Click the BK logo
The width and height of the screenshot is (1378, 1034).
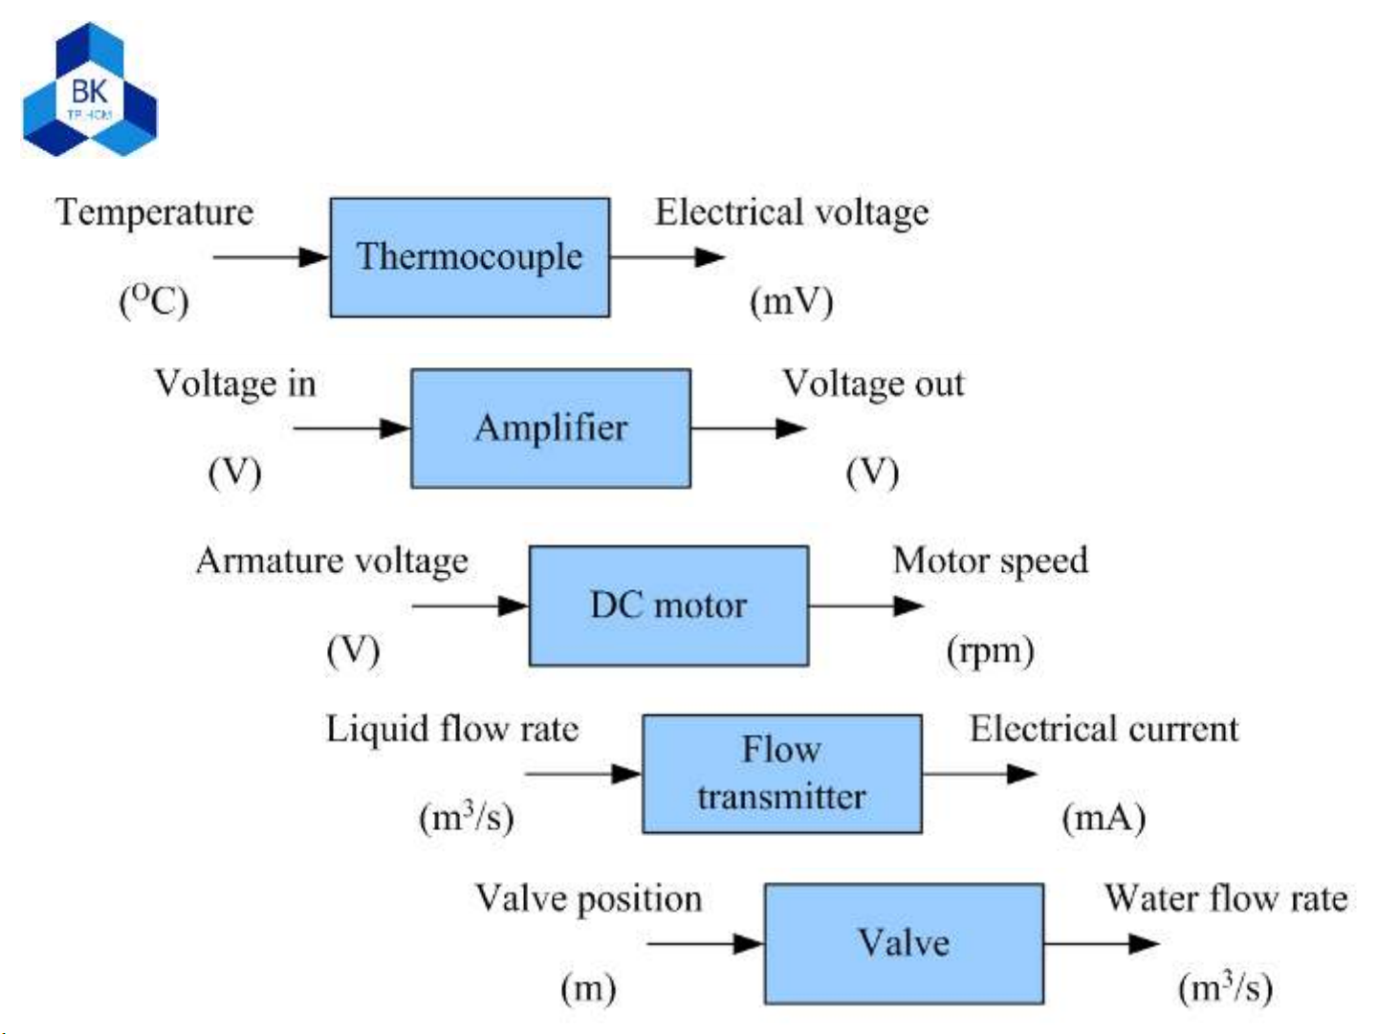[90, 92]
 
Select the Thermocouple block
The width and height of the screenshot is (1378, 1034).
[470, 257]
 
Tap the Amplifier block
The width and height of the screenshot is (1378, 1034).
[551, 429]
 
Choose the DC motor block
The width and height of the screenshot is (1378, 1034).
[668, 605]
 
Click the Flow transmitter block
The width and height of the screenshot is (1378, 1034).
[781, 774]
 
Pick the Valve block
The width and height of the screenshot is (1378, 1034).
[904, 943]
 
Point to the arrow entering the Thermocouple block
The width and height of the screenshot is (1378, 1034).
[270, 257]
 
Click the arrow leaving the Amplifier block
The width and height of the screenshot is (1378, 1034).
[748, 429]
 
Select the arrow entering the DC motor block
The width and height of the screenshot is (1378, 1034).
[470, 605]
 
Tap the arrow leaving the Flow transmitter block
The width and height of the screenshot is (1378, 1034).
[979, 774]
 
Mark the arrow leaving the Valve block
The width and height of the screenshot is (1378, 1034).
[1101, 943]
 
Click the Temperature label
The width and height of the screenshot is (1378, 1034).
[155, 212]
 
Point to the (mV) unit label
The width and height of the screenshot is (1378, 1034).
[791, 302]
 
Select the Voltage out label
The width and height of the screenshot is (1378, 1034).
[873, 384]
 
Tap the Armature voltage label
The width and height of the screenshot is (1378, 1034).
[332, 561]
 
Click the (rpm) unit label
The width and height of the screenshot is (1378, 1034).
[990, 651]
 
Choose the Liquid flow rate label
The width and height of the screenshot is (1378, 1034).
[452, 730]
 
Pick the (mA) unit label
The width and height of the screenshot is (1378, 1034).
[1103, 819]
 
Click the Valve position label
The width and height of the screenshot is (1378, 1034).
[588, 899]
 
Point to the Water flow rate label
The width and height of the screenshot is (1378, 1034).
[1226, 899]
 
